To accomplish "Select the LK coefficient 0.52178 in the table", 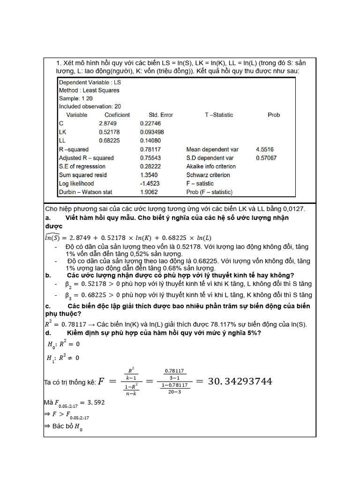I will (109, 132).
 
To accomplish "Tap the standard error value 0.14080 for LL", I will (150, 140).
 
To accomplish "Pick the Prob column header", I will (274, 115).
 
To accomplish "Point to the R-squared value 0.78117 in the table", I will (150, 150).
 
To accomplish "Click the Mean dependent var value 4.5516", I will (265, 150).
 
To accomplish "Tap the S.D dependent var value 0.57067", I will (266, 158).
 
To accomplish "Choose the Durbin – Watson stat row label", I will (85, 192).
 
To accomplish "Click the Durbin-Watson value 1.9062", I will (149, 192).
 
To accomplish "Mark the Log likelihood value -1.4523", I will (150, 183).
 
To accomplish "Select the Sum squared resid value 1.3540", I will (149, 175).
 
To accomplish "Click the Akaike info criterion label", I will (211, 166).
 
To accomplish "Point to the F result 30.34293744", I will (233, 381).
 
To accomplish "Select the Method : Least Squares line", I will (89, 90).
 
